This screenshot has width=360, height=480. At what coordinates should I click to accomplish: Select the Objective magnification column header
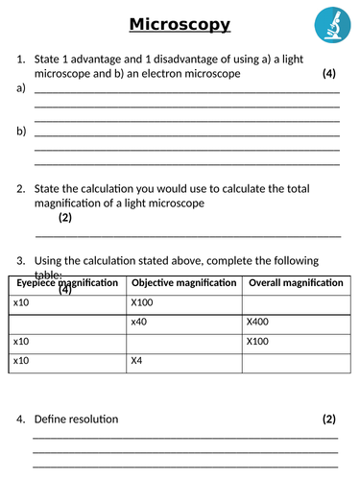[x=183, y=283]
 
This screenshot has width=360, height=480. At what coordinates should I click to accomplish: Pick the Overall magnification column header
[x=296, y=283]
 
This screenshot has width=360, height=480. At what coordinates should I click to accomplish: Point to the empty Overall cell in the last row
[x=297, y=361]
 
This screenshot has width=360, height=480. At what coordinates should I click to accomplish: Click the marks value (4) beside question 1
[x=327, y=74]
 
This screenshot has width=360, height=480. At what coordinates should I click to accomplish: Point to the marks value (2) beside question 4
[x=327, y=419]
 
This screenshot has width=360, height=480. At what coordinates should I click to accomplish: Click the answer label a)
[x=21, y=89]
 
